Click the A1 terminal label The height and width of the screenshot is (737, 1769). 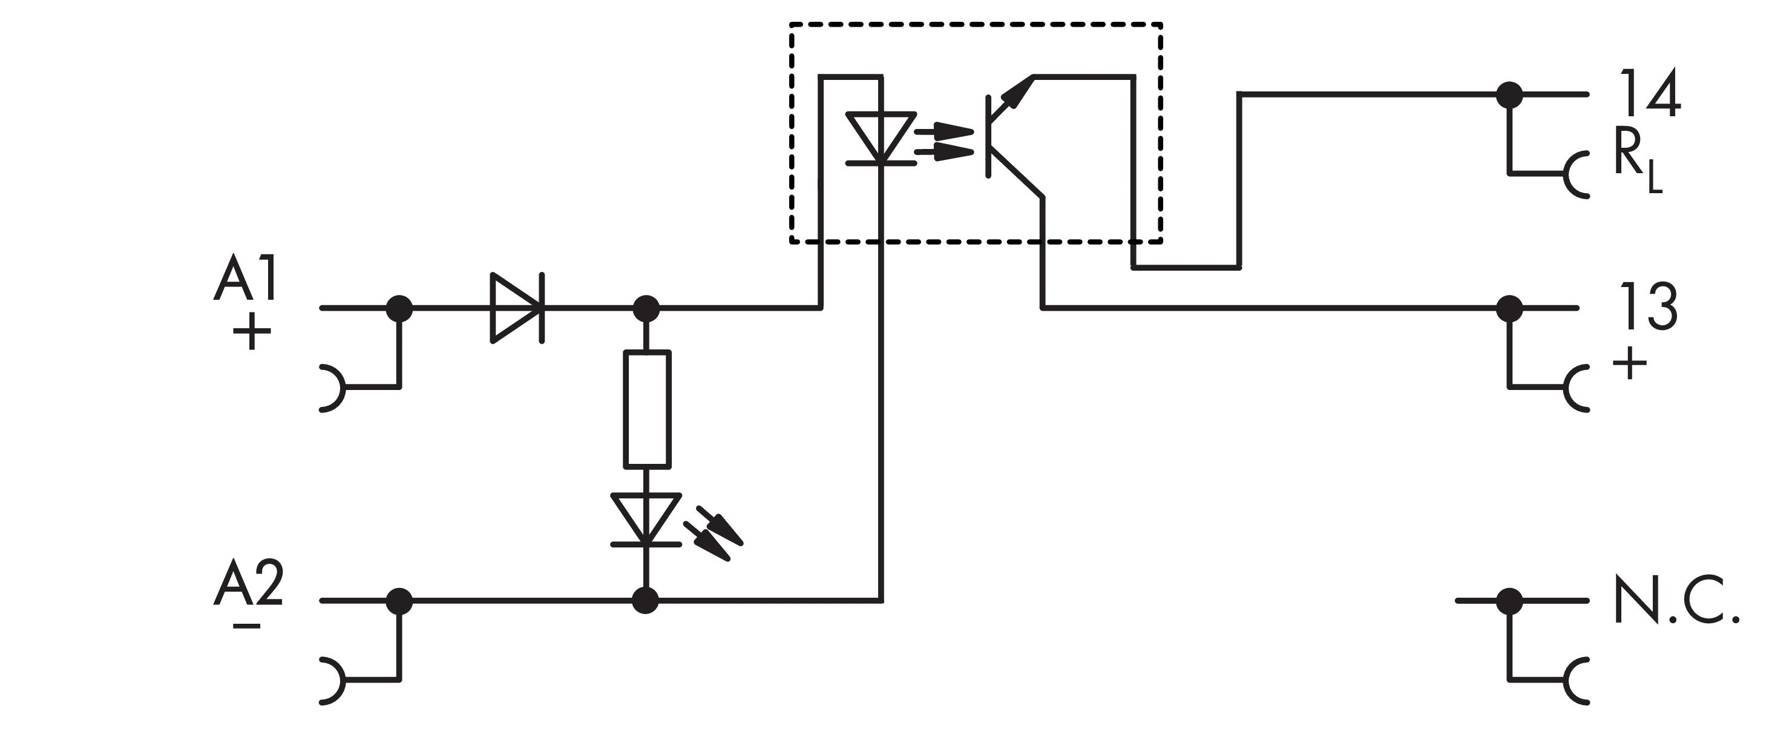point(245,278)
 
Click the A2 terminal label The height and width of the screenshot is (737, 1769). point(248,584)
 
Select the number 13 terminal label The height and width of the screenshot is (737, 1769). point(1648,307)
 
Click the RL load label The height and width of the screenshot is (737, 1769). point(1637,165)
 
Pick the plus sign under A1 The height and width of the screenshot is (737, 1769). point(251,332)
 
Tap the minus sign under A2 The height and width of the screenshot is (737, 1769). point(246,626)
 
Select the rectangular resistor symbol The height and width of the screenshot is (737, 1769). point(647,409)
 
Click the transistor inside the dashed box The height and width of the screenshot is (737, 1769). point(1009,137)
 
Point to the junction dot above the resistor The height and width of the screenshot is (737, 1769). point(646,308)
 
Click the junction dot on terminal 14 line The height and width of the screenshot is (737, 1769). point(1509,94)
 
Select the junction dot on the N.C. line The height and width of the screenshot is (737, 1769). point(1509,601)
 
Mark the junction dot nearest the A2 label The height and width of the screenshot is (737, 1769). point(399,601)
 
